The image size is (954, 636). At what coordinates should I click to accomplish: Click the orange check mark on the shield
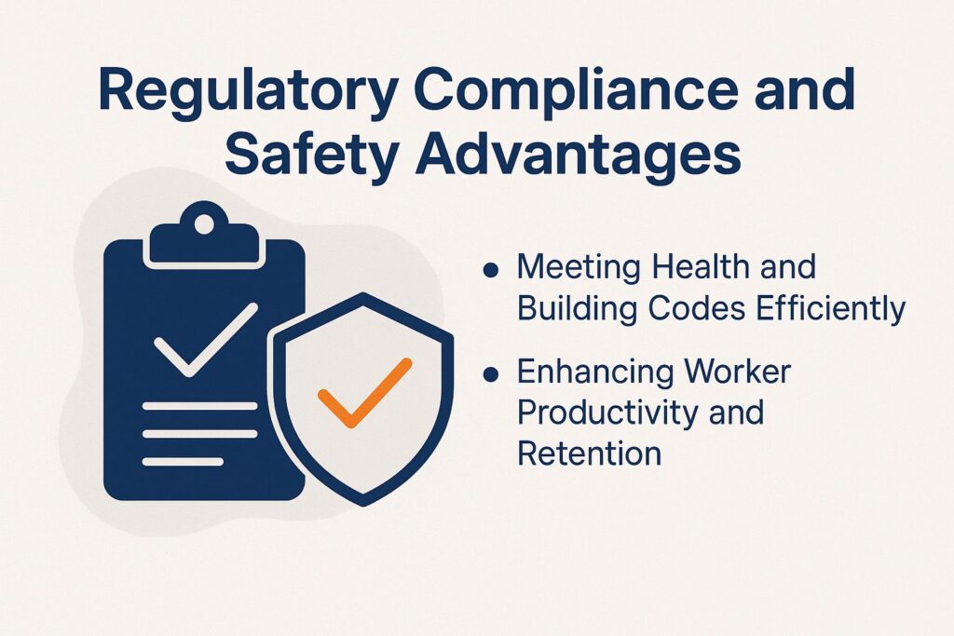coord(364,392)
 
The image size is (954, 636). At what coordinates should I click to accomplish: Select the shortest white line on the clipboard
coord(183,461)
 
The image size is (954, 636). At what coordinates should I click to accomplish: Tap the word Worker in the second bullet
coord(742,372)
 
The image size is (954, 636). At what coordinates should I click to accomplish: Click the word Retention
coord(589,453)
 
